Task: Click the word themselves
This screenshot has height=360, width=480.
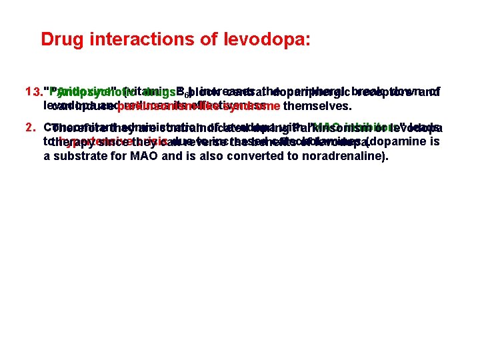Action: tap(317, 106)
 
